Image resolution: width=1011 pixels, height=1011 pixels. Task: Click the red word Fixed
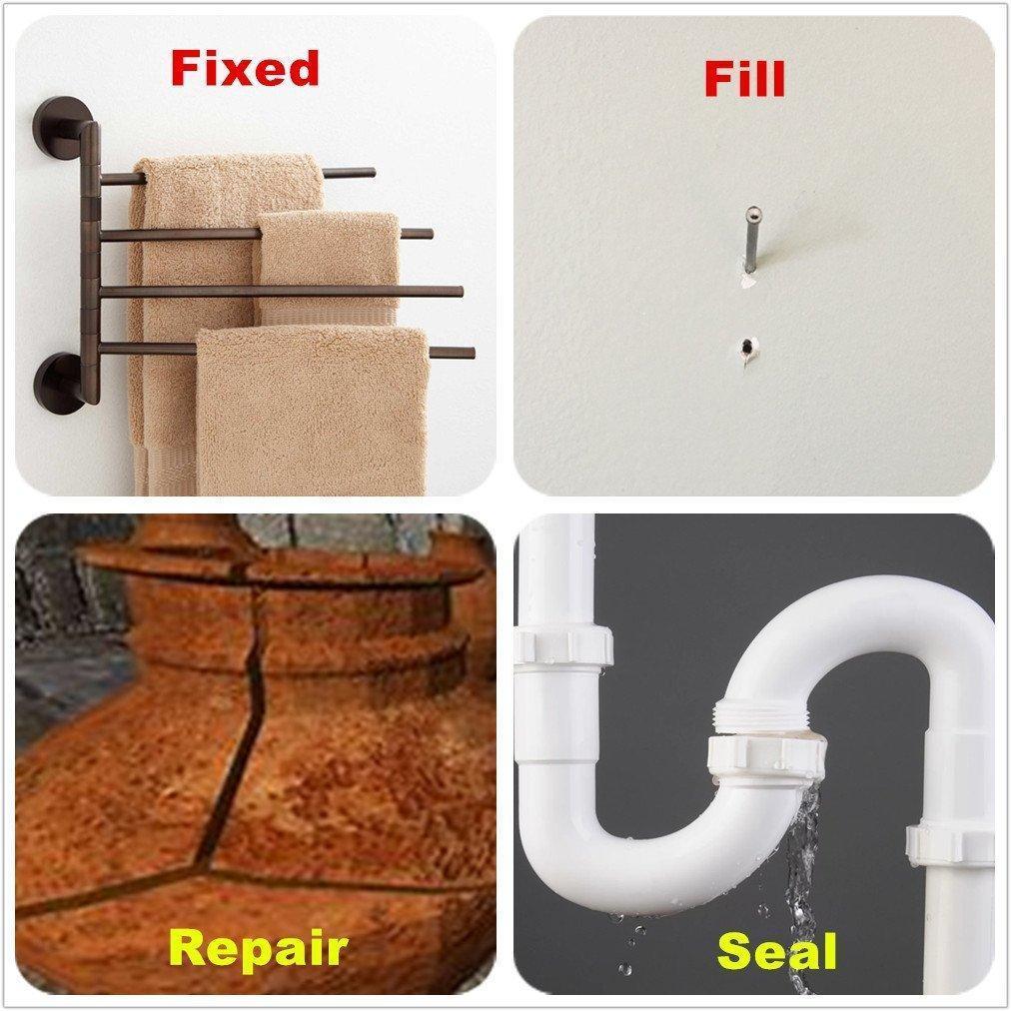(x=245, y=68)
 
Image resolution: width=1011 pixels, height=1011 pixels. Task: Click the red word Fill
(x=744, y=79)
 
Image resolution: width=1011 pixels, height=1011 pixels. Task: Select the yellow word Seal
(x=776, y=951)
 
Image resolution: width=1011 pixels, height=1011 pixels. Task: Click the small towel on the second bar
(x=329, y=266)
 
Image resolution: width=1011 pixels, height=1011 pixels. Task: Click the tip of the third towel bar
(x=461, y=292)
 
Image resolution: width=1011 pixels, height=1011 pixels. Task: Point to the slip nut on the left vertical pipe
(x=562, y=646)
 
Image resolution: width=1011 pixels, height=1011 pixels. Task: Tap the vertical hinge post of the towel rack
(x=90, y=261)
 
